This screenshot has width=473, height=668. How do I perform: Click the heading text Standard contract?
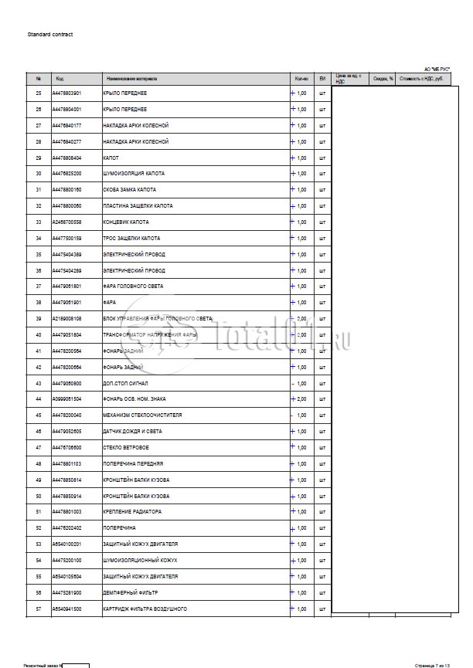click(50, 35)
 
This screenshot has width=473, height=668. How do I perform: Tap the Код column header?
click(60, 79)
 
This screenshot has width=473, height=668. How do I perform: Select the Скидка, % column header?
click(383, 79)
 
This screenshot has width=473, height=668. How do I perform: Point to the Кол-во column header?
click(301, 79)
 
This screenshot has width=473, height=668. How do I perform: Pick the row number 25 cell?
click(39, 93)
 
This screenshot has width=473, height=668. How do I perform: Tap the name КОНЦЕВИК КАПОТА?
click(125, 222)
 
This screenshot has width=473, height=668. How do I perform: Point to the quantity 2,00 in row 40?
click(301, 335)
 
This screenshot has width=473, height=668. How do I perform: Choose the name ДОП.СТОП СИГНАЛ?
click(125, 383)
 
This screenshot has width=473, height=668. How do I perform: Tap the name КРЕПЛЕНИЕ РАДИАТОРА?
click(132, 512)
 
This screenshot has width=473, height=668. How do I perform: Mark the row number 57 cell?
click(39, 609)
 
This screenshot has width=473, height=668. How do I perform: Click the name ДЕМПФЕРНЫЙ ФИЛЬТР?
click(130, 592)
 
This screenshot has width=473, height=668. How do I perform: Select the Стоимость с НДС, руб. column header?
click(421, 79)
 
